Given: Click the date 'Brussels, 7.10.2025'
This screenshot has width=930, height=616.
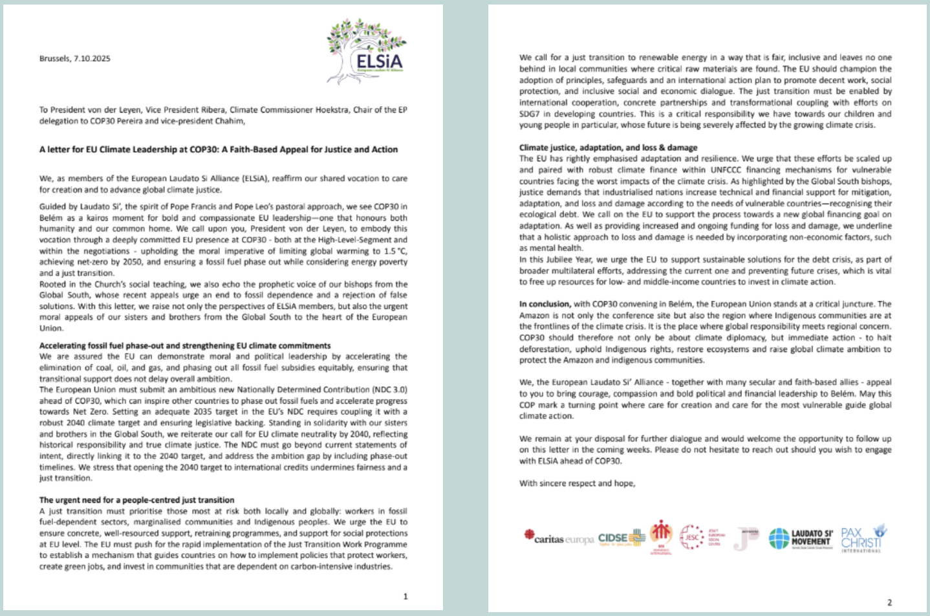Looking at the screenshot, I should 74,58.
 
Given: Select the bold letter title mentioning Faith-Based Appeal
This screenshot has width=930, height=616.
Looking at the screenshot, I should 219,149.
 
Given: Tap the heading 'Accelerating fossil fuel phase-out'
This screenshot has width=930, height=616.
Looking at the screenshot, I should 185,346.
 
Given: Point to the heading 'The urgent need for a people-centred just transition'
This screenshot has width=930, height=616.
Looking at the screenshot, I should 136,500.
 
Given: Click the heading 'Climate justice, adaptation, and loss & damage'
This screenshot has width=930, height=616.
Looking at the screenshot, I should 608,148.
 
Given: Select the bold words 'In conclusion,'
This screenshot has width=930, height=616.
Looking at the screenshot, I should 545,304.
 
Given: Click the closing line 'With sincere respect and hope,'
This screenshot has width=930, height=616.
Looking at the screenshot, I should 577,483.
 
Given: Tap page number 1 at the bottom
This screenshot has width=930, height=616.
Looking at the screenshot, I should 406,597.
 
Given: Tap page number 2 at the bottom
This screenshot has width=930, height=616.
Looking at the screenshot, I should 889,602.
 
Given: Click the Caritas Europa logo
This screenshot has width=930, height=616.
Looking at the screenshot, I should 558,538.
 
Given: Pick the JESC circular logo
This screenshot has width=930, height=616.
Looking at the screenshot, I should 691,537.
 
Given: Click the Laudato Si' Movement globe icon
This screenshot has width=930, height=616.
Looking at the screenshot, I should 779,538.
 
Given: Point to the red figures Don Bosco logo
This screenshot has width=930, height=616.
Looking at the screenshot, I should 661,535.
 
